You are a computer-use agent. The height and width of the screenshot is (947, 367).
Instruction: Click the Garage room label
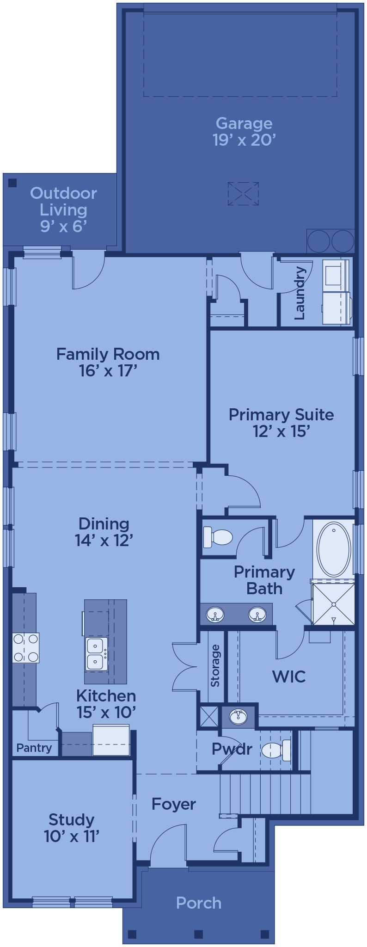[x=244, y=123]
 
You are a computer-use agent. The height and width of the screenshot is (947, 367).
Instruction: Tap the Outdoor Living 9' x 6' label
[x=64, y=209]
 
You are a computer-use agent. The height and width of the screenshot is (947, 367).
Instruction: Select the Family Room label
[x=108, y=354]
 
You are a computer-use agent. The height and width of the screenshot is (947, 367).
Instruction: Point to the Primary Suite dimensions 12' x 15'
[x=281, y=431]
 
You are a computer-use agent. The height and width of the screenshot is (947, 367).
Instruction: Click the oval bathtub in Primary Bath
[x=334, y=549]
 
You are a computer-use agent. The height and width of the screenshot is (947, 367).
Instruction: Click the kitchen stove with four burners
[x=26, y=648]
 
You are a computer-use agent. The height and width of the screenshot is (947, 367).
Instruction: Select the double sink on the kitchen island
[x=97, y=653]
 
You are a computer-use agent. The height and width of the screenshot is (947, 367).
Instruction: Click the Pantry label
[x=34, y=748]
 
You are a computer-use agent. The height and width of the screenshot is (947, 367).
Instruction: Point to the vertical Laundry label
[x=300, y=293]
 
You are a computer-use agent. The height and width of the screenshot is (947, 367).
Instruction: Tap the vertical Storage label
[x=215, y=665]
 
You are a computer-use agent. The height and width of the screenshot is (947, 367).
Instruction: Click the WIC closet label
[x=289, y=676]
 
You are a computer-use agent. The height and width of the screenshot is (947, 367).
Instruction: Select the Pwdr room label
[x=232, y=749]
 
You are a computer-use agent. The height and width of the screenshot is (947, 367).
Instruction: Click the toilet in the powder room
[x=276, y=750]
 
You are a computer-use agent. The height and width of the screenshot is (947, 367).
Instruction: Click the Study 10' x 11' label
[x=72, y=828]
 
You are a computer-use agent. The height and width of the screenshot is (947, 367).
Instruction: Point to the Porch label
[x=199, y=903]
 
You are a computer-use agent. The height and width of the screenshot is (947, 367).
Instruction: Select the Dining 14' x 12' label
[x=104, y=532]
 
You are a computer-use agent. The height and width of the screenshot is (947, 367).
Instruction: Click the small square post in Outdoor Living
[x=12, y=183]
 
